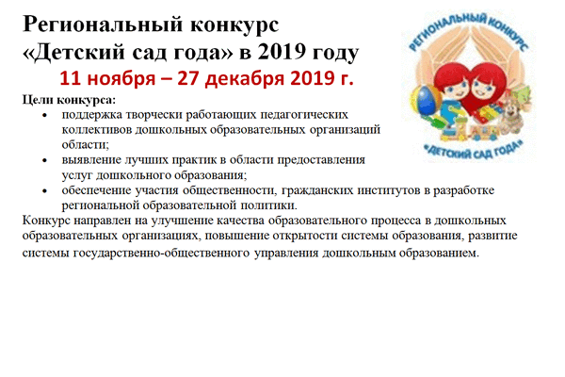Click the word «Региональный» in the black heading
pyautogui.click(x=103, y=26)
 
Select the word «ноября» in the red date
pyautogui.click(x=121, y=79)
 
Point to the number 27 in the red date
pyautogui.click(x=188, y=78)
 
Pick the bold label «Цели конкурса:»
pyautogui.click(x=69, y=100)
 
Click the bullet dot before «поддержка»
pyautogui.click(x=44, y=115)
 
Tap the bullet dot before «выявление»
pyautogui.click(x=44, y=160)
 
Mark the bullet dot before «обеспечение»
pyautogui.click(x=44, y=190)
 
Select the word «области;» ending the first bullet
pyautogui.click(x=86, y=144)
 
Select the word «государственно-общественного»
pyautogui.click(x=161, y=253)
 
